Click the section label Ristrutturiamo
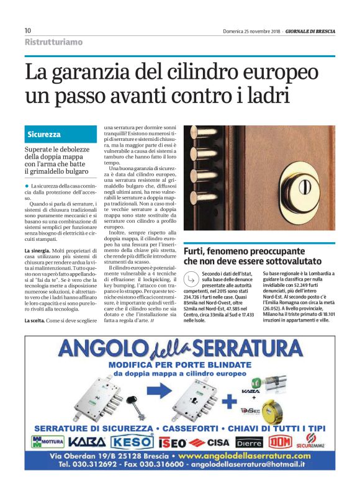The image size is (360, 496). point(53,42)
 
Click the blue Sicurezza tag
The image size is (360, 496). point(44,134)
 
